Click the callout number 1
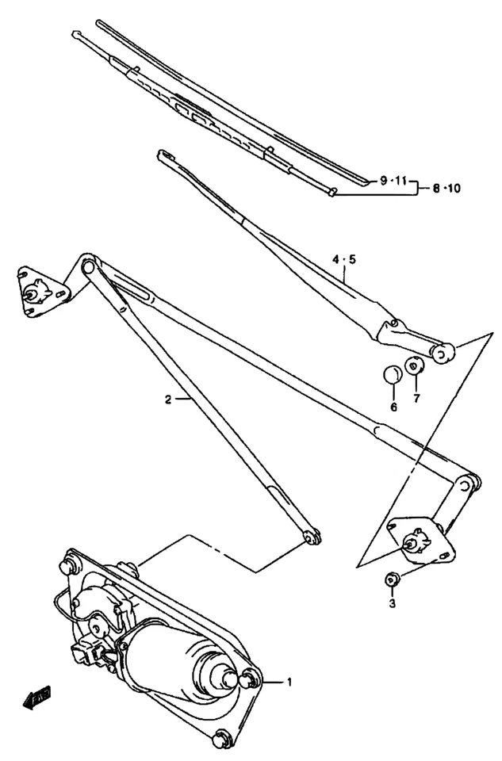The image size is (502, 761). (x=289, y=681)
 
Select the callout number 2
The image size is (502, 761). (x=168, y=400)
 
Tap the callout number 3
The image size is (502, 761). (x=390, y=604)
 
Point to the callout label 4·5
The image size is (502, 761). (x=344, y=259)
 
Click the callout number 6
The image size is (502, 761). (x=393, y=407)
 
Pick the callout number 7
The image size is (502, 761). (x=416, y=398)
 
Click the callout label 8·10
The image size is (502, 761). (x=446, y=189)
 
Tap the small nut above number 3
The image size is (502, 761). (x=390, y=580)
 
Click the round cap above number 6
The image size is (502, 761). (x=393, y=373)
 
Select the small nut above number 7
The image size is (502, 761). (x=415, y=368)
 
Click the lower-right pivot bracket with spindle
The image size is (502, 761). (x=418, y=541)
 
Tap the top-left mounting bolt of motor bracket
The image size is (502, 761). (x=69, y=567)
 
